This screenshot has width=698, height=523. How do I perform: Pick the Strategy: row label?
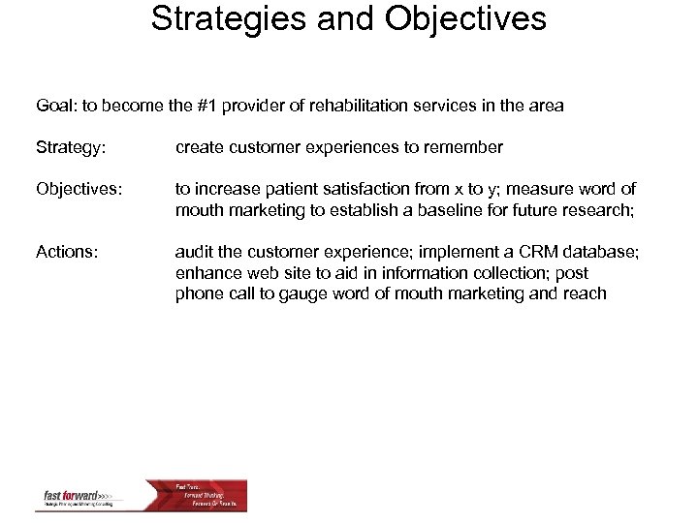tap(69, 147)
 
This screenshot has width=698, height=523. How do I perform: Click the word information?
tap(394, 272)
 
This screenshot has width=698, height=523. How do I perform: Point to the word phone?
tap(199, 292)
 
